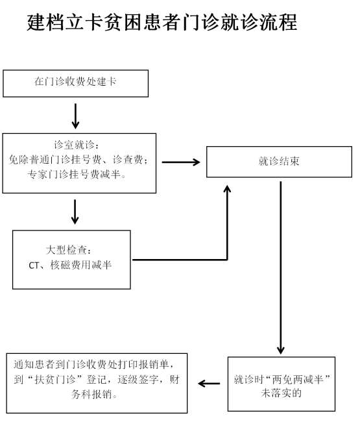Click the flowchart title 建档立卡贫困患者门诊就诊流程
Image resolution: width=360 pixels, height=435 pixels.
point(162,22)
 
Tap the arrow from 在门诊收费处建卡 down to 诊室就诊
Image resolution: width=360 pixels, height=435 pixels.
point(75,116)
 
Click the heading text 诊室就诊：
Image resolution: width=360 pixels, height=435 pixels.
point(77,145)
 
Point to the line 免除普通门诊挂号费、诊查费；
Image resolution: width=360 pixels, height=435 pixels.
point(78,160)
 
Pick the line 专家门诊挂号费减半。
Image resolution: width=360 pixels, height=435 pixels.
point(77,174)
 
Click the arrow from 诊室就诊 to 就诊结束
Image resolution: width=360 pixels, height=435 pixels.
point(181,162)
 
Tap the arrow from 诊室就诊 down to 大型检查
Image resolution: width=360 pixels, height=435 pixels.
point(75,212)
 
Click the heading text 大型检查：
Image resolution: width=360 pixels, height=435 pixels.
point(69,250)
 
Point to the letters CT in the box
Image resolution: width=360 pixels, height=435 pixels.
point(34,266)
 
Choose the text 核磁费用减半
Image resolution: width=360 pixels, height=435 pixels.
point(80,265)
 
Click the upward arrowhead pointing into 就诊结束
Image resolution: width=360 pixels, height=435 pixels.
point(227,189)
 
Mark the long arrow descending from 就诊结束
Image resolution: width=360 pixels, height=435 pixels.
point(281,267)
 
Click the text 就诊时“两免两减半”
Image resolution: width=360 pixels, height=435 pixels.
point(282,379)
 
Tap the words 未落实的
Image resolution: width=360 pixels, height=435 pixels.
point(282,393)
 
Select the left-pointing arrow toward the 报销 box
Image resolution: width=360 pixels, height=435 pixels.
point(209,384)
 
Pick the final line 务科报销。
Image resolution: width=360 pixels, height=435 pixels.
point(95,394)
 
